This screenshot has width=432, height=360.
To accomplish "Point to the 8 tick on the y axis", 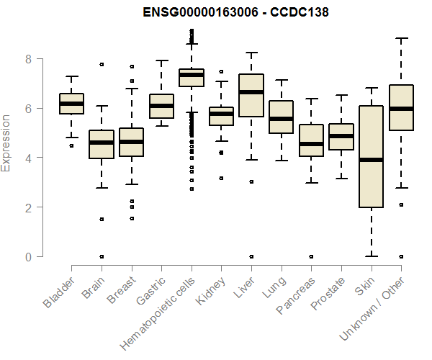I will [x=29, y=58].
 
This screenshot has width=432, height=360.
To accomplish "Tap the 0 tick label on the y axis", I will [x=29, y=256].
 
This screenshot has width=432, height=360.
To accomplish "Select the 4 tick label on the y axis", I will [x=29, y=158].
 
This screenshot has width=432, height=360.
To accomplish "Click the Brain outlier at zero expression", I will [x=102, y=256].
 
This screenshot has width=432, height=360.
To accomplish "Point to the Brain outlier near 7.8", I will [x=102, y=64].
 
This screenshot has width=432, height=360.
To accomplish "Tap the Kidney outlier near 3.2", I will [x=221, y=178].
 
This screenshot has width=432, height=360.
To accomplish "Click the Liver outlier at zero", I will [x=251, y=256].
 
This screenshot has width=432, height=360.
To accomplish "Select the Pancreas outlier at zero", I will [x=311, y=256].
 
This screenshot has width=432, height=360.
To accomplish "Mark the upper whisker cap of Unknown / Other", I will [x=401, y=38].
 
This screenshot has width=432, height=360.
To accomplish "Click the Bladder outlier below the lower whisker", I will [x=71, y=145].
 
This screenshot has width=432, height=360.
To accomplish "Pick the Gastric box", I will [x=161, y=106].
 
